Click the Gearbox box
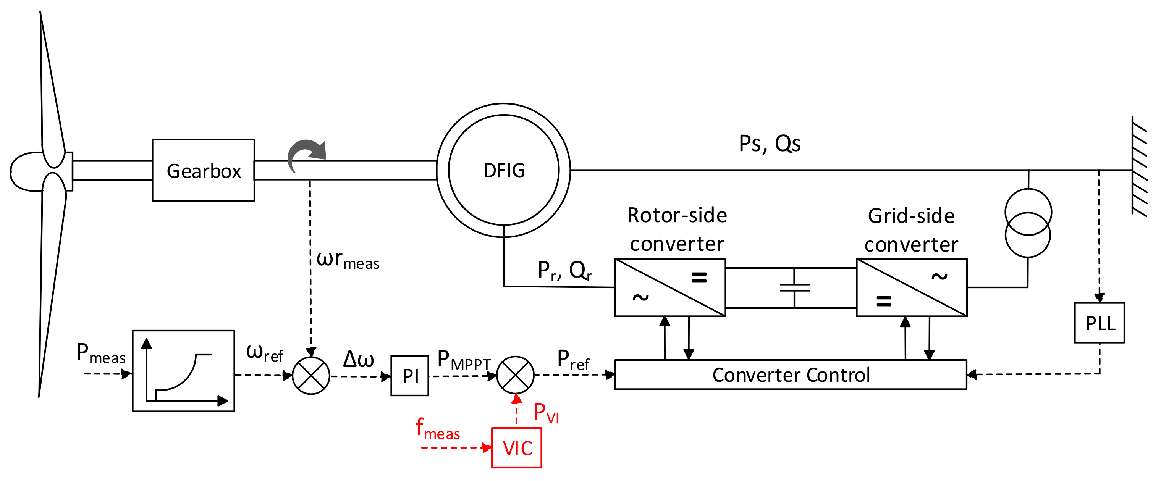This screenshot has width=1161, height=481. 203,170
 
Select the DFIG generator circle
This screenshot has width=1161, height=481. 503,170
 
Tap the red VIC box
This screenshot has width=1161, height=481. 516,448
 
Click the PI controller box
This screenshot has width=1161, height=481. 410,376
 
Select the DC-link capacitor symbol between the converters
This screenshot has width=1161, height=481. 795,288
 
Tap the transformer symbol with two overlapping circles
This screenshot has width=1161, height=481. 1028,223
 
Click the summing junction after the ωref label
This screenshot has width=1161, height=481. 311,376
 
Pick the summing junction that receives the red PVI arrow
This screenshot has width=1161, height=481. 515,375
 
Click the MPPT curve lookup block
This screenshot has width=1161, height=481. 183,371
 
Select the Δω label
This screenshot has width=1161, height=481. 358,359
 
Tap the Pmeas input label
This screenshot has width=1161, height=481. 100,353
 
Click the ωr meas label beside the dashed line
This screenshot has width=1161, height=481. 348,260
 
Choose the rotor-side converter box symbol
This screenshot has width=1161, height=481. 670,287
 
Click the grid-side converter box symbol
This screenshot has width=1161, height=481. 911,287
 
